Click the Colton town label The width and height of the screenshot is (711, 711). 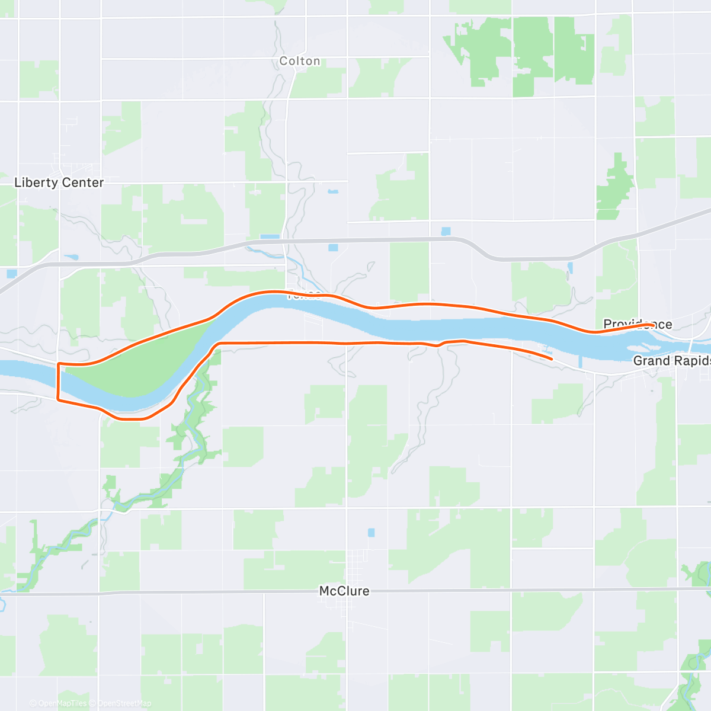point(300,61)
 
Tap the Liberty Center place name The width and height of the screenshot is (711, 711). point(59,182)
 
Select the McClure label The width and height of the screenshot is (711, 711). point(344,591)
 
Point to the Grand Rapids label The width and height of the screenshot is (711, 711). point(671,361)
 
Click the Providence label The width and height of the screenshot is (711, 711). point(638,324)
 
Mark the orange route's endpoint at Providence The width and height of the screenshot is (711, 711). point(652,325)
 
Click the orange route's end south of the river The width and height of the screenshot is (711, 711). point(552,358)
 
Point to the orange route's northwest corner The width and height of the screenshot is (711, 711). point(58,364)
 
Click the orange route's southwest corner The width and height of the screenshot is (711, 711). point(57,399)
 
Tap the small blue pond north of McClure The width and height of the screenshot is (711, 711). point(371,533)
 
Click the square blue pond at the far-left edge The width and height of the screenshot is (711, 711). point(12,273)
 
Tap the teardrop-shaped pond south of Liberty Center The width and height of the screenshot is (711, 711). point(71,257)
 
